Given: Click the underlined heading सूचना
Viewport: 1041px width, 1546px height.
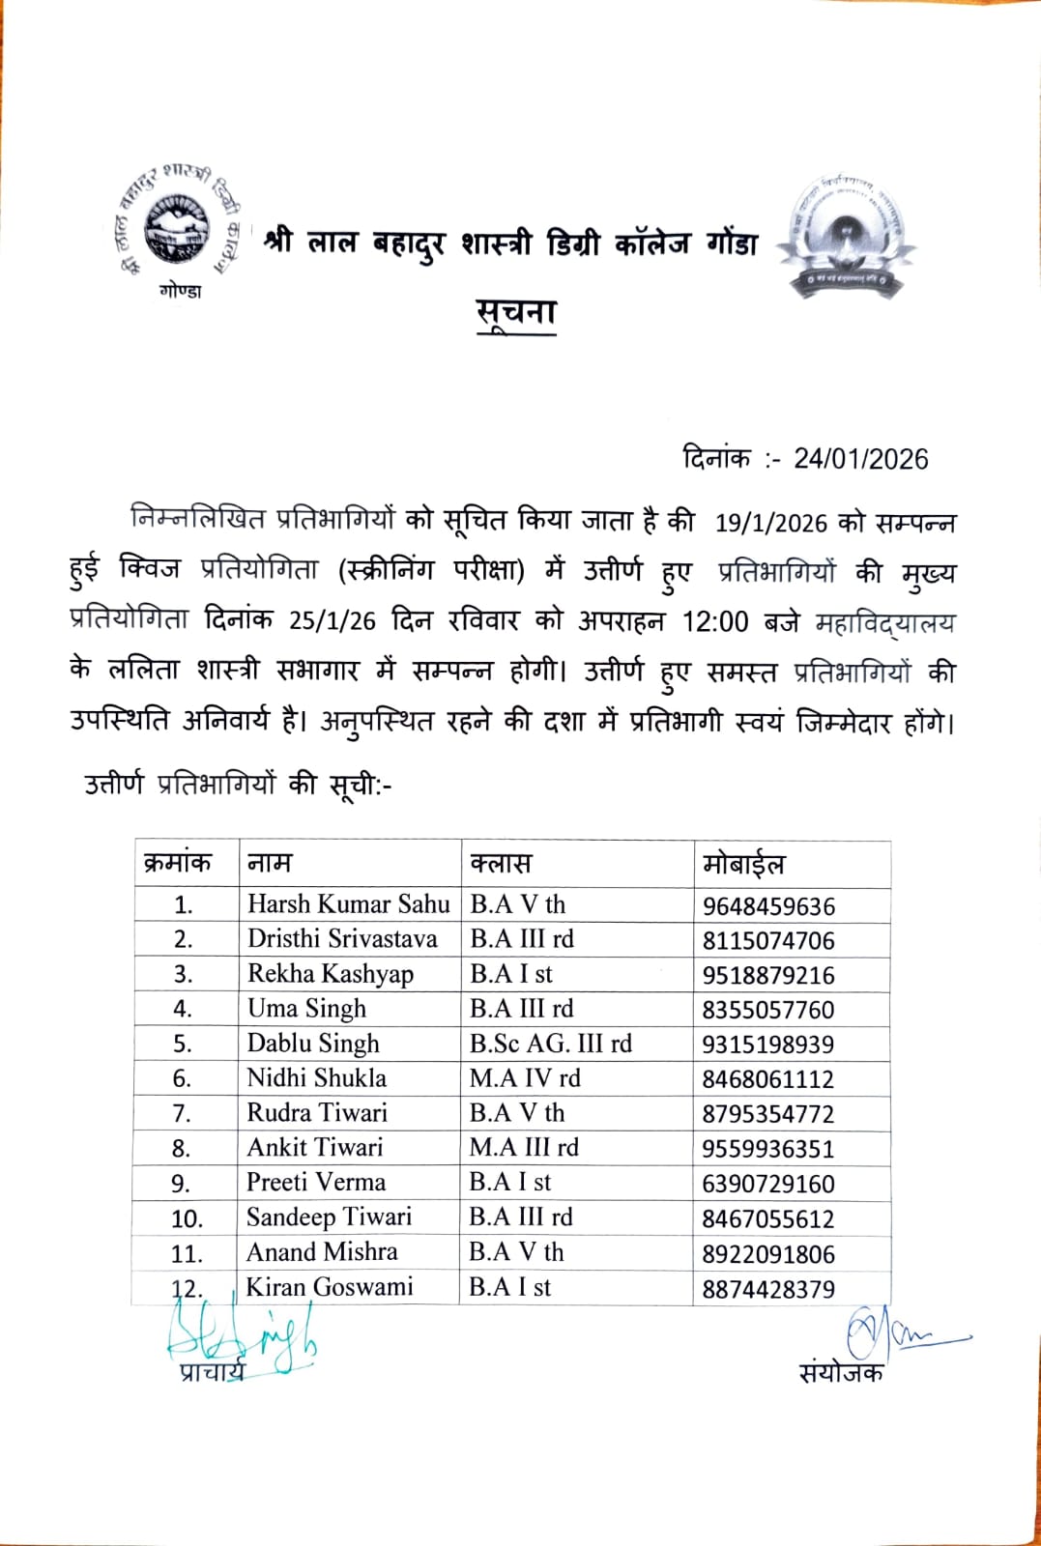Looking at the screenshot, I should point(517,312).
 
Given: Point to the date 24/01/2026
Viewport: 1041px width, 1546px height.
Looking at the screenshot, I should point(860,459).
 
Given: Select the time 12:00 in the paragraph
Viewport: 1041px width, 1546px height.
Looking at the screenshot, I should point(715,621).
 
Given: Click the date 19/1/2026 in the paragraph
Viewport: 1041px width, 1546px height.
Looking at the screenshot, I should point(771,523).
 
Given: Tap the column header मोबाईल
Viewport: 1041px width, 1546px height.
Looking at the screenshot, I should point(743,864).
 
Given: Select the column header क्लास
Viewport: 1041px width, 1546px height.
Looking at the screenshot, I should point(501,864).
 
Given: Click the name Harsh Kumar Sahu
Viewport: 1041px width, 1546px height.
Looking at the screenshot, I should point(348,904).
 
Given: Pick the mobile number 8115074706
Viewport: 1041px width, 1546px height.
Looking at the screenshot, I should point(768,940).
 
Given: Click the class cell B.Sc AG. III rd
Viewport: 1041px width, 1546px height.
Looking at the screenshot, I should point(551,1044).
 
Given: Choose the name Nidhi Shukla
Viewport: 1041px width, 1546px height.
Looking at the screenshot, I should point(316,1078).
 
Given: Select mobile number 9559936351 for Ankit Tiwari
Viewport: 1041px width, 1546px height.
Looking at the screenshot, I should point(768,1149).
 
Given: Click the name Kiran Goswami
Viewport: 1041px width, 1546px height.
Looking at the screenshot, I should point(330,1287).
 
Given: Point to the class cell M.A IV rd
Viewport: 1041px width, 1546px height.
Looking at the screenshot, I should point(525,1078).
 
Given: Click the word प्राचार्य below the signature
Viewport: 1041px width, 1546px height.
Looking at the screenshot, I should point(212,1371).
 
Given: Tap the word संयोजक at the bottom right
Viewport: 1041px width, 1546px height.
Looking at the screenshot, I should point(841,1373).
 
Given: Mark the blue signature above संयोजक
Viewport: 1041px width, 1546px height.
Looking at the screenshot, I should point(894,1334).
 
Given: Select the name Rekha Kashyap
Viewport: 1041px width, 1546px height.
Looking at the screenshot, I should point(330,974).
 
